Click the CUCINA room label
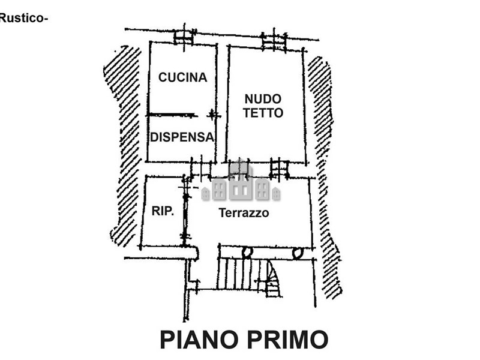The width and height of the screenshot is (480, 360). click(183, 77)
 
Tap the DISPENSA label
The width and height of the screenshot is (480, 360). click(182, 137)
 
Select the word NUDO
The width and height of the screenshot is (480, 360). click(263, 99)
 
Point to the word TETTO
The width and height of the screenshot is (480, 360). click(263, 113)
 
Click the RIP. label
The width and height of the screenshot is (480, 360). click(163, 211)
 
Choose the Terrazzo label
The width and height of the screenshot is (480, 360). click(244, 213)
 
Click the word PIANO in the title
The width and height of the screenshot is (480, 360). click(199, 340)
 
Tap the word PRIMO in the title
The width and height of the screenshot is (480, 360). click(287, 340)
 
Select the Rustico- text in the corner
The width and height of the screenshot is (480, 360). click(24, 19)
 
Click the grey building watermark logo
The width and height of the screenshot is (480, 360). click(241, 183)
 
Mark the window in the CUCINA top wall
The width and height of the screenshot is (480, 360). click(184, 37)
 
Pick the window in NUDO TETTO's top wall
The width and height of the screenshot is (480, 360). click(274, 41)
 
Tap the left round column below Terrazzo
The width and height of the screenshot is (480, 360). click(247, 253)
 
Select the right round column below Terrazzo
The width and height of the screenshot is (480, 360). click(298, 253)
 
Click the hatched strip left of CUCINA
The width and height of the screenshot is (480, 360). click(124, 144)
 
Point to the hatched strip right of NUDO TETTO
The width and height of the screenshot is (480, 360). click(325, 178)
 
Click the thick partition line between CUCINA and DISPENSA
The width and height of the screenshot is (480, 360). click(172, 115)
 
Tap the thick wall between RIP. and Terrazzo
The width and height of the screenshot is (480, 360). click(185, 211)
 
